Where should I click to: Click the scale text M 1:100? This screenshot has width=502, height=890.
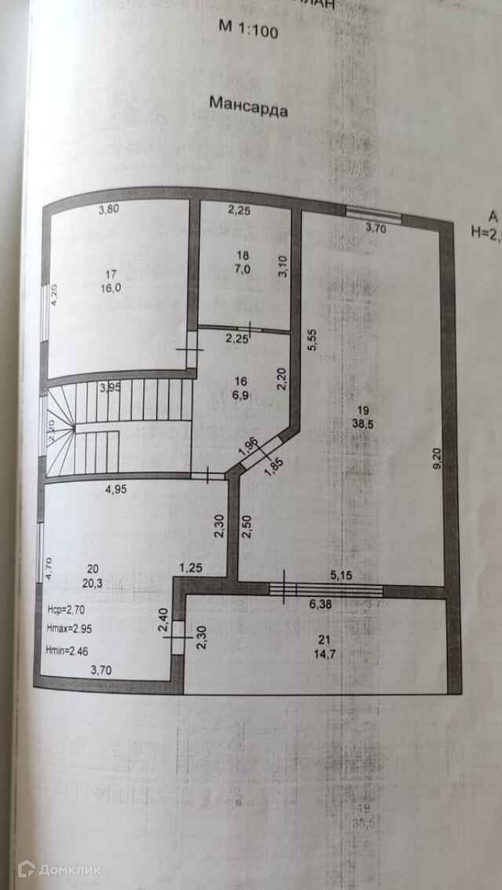[248, 30]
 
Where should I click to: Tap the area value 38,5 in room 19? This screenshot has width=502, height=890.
[362, 424]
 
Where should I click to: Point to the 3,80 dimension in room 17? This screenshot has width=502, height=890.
[111, 209]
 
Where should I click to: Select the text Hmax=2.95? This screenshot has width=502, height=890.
[74, 628]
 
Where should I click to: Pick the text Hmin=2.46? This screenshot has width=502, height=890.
[73, 649]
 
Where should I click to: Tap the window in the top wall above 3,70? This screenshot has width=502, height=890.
[373, 212]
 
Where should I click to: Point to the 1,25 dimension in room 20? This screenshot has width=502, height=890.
[191, 566]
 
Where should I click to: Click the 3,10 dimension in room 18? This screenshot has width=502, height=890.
[283, 266]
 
